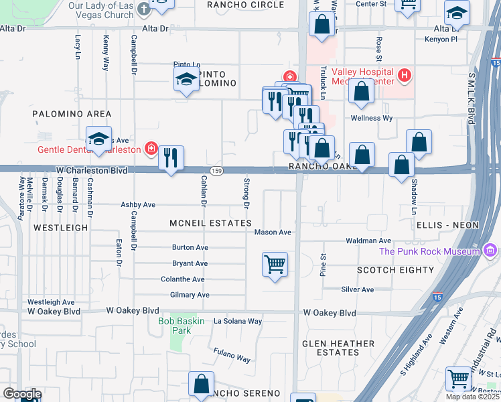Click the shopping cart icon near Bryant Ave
275,265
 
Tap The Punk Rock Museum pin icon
490,251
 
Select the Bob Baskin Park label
175,326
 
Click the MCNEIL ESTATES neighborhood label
210,223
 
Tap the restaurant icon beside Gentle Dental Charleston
171,158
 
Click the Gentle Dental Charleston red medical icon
151,149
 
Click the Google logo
22,394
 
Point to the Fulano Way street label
232,355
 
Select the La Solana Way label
238,321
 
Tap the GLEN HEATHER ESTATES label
338,348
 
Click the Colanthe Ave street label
183,279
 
